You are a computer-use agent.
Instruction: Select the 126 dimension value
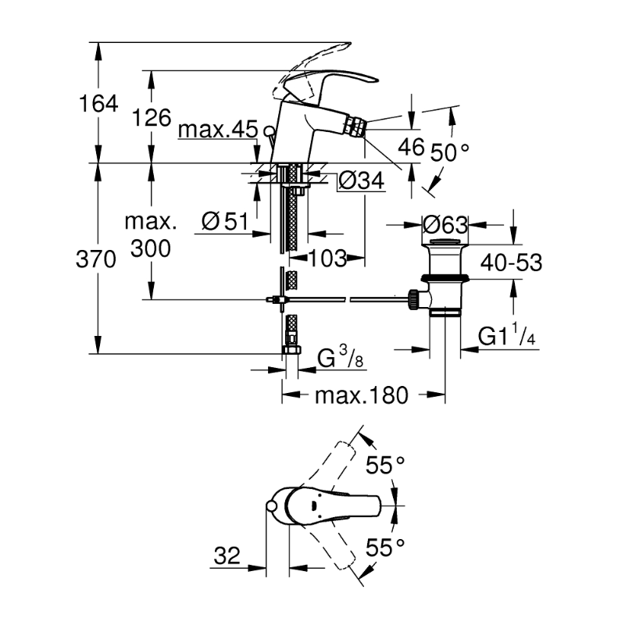pos(151,118)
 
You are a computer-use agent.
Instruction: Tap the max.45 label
pos(216,130)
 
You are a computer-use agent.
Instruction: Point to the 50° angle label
pos(449,152)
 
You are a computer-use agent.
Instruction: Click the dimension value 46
pos(409,146)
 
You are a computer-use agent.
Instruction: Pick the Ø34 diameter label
pos(360,181)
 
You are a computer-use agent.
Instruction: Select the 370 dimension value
pos(98,260)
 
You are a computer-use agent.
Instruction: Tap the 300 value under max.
pos(151,249)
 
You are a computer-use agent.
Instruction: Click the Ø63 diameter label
pos(445,225)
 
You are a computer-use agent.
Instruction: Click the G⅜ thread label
pos(338,360)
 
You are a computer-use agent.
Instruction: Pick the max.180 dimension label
pos(361,396)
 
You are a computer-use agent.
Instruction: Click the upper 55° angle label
pos(386,466)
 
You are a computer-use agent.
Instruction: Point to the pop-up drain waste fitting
pos(445,281)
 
